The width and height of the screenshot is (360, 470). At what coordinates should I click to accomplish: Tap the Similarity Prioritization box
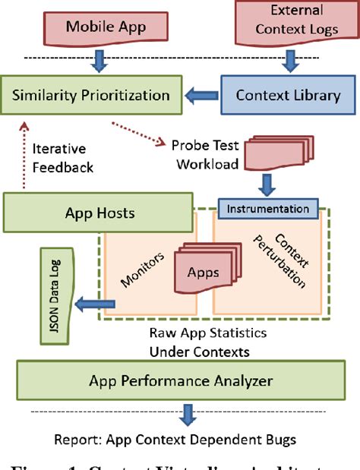pyautogui.click(x=91, y=96)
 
